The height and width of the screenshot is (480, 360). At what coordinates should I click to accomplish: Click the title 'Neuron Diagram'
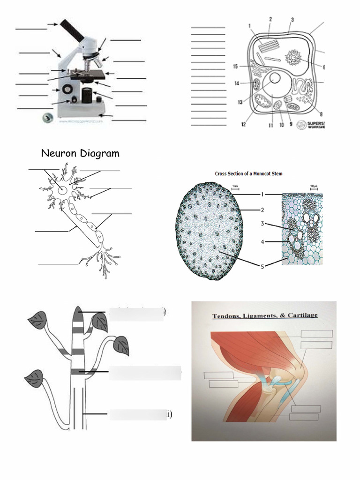[x=80, y=153]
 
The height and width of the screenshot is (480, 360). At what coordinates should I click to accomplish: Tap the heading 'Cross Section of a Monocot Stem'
[x=248, y=173]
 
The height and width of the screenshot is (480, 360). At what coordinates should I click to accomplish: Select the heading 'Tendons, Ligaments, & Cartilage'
[x=265, y=316]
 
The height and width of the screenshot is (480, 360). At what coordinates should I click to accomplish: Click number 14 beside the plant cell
[x=238, y=83]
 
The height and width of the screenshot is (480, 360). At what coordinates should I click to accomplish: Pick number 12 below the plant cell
[x=244, y=124]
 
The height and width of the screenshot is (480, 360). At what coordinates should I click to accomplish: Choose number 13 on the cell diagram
[x=240, y=101]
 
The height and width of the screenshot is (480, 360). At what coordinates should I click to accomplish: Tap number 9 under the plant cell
[x=290, y=125]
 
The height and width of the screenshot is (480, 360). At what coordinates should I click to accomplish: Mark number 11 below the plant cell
[x=270, y=126]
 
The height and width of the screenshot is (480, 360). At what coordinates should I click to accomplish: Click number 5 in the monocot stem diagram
[x=263, y=267]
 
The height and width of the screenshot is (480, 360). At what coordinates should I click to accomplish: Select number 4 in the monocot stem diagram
[x=263, y=242]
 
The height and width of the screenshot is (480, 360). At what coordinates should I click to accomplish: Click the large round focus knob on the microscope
[x=68, y=88]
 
